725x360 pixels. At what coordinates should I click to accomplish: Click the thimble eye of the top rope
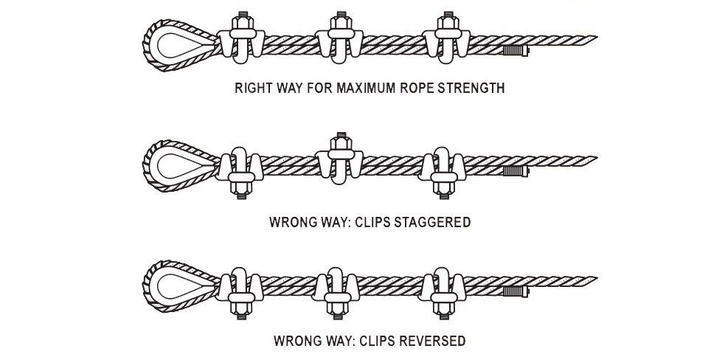(178, 44)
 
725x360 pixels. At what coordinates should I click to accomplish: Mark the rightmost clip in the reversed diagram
(443, 290)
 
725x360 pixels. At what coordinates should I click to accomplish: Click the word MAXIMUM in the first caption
(366, 89)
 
